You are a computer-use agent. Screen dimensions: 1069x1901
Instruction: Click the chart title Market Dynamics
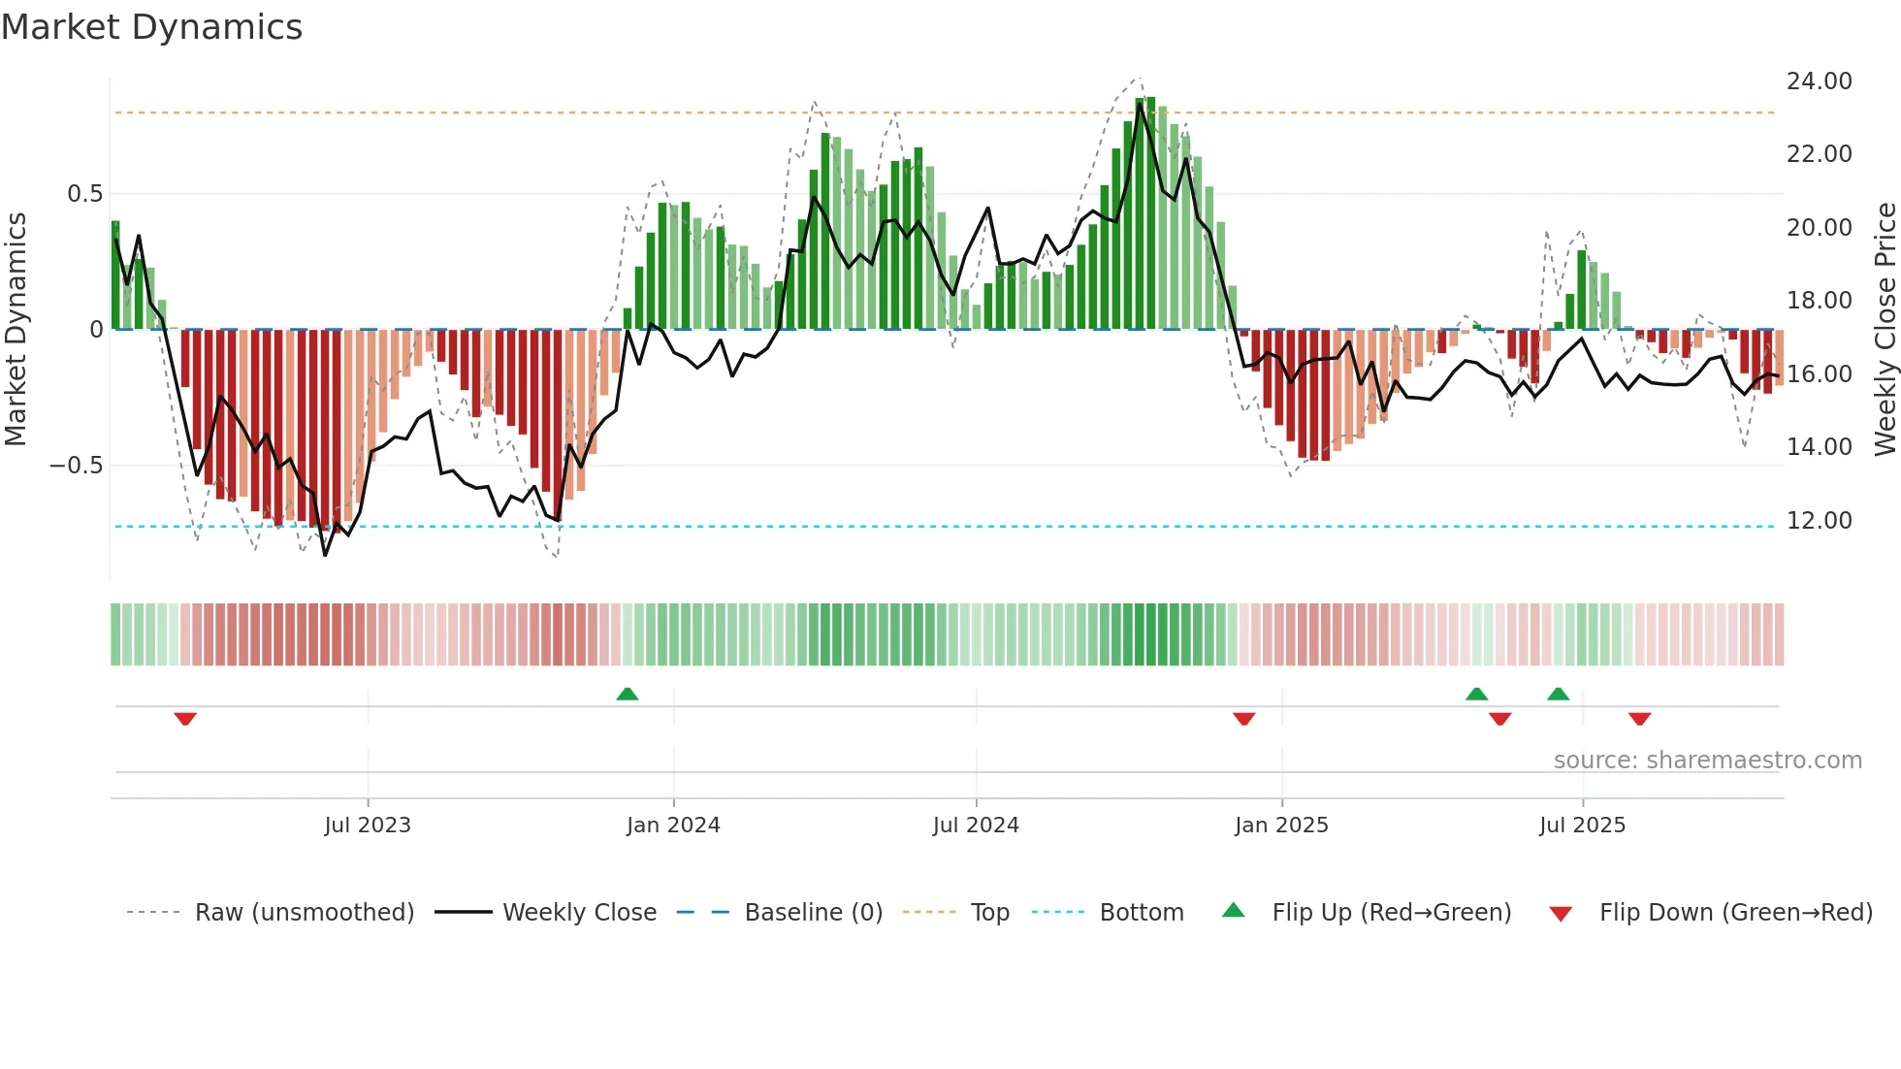point(151,27)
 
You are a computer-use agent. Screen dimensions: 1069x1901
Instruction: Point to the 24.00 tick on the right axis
point(1819,81)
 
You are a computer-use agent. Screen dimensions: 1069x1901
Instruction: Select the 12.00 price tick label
point(1819,521)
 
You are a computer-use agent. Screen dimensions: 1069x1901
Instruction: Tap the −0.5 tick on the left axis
point(76,466)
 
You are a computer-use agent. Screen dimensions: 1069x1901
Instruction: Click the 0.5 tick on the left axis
point(84,194)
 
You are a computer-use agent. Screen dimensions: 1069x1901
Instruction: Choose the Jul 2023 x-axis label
point(368,826)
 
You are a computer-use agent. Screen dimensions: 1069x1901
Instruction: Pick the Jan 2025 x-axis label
point(1281,826)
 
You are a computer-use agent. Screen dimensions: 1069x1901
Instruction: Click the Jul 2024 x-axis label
point(976,826)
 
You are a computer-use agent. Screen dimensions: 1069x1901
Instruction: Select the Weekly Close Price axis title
point(1885,329)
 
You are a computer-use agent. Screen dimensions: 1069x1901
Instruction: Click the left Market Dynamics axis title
point(16,329)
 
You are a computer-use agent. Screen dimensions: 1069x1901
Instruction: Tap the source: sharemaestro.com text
point(1707,761)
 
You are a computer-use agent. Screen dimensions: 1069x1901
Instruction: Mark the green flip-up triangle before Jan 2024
point(628,694)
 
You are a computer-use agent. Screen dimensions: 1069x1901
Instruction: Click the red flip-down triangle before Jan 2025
point(1244,719)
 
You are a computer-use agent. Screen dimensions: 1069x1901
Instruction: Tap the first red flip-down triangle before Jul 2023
point(185,719)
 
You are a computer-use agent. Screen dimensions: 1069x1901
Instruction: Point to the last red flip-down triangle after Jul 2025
point(1639,719)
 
